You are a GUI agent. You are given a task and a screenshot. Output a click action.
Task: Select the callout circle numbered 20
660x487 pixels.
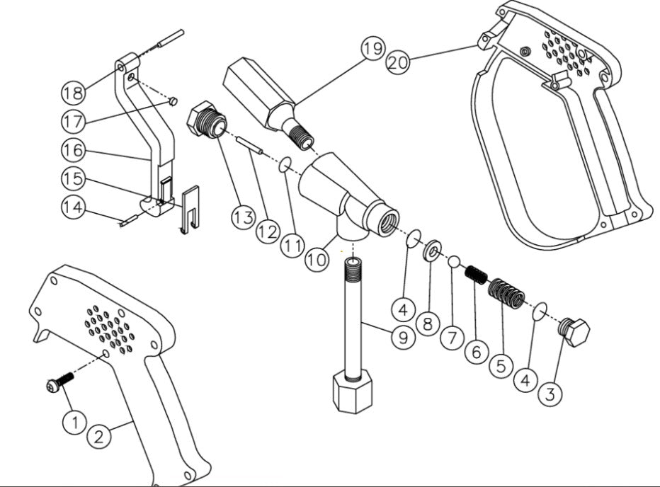click(398, 62)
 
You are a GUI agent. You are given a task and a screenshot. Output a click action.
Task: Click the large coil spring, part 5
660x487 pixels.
click(506, 292)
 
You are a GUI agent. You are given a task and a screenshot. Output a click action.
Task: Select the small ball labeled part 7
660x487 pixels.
click(454, 262)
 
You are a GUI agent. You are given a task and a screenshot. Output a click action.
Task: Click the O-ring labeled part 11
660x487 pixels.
click(285, 165)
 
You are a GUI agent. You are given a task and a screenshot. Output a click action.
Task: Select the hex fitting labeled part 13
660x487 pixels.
click(205, 122)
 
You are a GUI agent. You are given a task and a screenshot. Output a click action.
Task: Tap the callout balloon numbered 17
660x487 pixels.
click(73, 122)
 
